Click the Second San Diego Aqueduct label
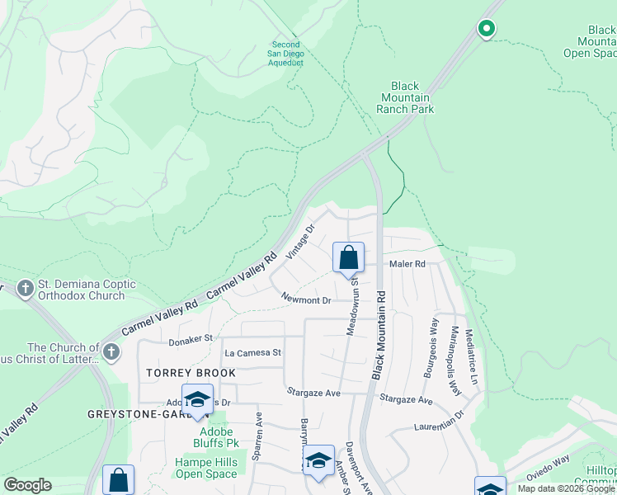(287, 54)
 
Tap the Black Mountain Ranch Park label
(405, 97)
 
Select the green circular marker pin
(487, 29)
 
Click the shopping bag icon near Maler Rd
(349, 257)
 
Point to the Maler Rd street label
(407, 265)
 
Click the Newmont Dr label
(305, 299)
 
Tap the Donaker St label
(191, 338)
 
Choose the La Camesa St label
(253, 352)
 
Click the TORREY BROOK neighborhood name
(191, 373)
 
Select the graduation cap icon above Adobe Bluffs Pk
(197, 400)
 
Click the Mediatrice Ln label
(471, 357)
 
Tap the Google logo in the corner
(27, 485)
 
